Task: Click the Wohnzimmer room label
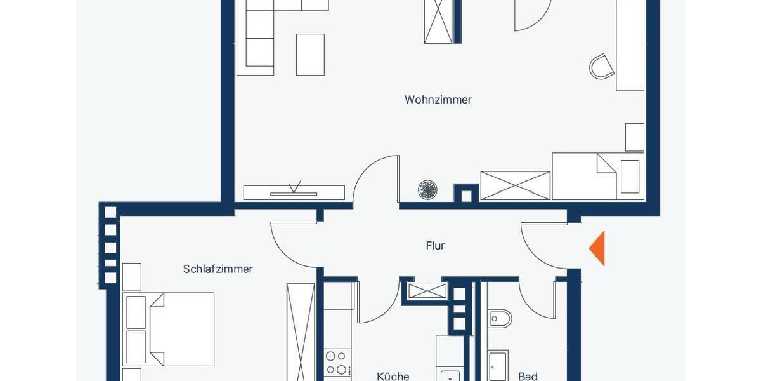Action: coord(438,100)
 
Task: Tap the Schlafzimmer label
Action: coord(218,269)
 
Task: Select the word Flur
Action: coord(435,246)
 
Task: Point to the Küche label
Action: coord(393,377)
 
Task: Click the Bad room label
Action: coord(528,377)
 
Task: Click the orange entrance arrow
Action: coord(598,248)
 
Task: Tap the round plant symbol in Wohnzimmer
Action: coord(427,189)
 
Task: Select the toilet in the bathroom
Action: coord(500,318)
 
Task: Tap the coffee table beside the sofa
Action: coord(310,55)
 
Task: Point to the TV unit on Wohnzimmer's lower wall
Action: coord(294,192)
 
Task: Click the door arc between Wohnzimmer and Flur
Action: coord(377,179)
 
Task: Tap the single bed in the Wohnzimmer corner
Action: coord(597,176)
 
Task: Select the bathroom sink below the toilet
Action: coord(498,367)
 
